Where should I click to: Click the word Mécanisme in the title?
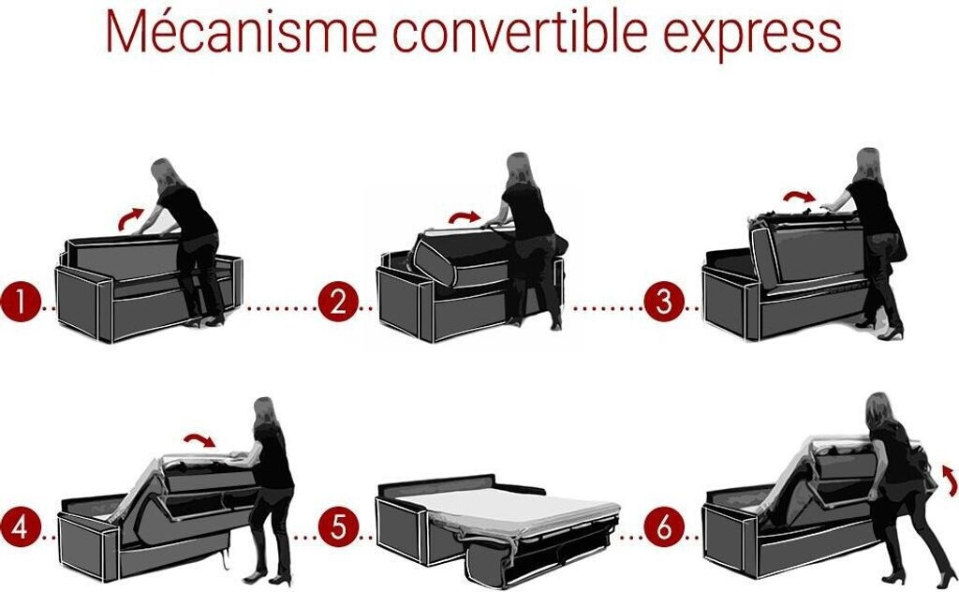pos(241,31)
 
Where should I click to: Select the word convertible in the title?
pos(519,31)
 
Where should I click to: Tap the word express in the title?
pos(752,37)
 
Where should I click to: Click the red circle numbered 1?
pos(20,303)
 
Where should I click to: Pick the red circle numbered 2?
pos(337,303)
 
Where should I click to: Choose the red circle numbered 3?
pos(664,303)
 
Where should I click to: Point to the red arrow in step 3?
pos(800,194)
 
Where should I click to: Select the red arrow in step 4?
pos(200,437)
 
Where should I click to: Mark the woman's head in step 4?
pos(265,412)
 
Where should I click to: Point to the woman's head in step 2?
pos(519,168)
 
